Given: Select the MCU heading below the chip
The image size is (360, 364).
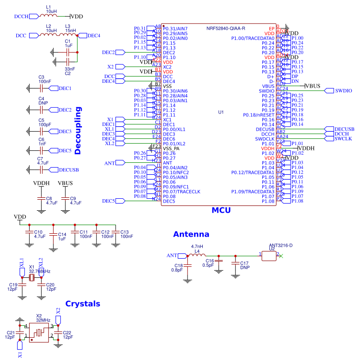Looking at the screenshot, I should [x=221, y=210].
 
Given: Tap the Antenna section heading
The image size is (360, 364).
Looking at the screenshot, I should [x=191, y=234].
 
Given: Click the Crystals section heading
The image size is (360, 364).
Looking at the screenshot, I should [x=82, y=304].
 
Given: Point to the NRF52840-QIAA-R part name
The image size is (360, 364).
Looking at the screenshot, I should [x=226, y=28].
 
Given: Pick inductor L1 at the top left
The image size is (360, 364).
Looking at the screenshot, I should [x=49, y=16].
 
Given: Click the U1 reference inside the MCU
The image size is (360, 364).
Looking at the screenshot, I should [x=221, y=112].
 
